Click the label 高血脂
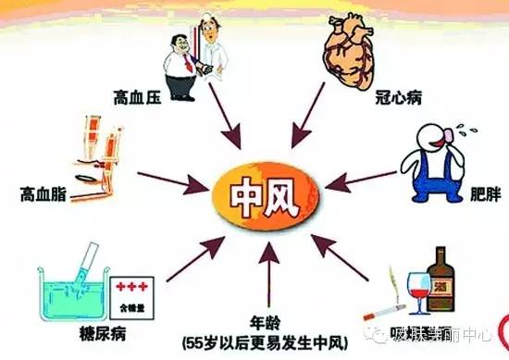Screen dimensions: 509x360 43,194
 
